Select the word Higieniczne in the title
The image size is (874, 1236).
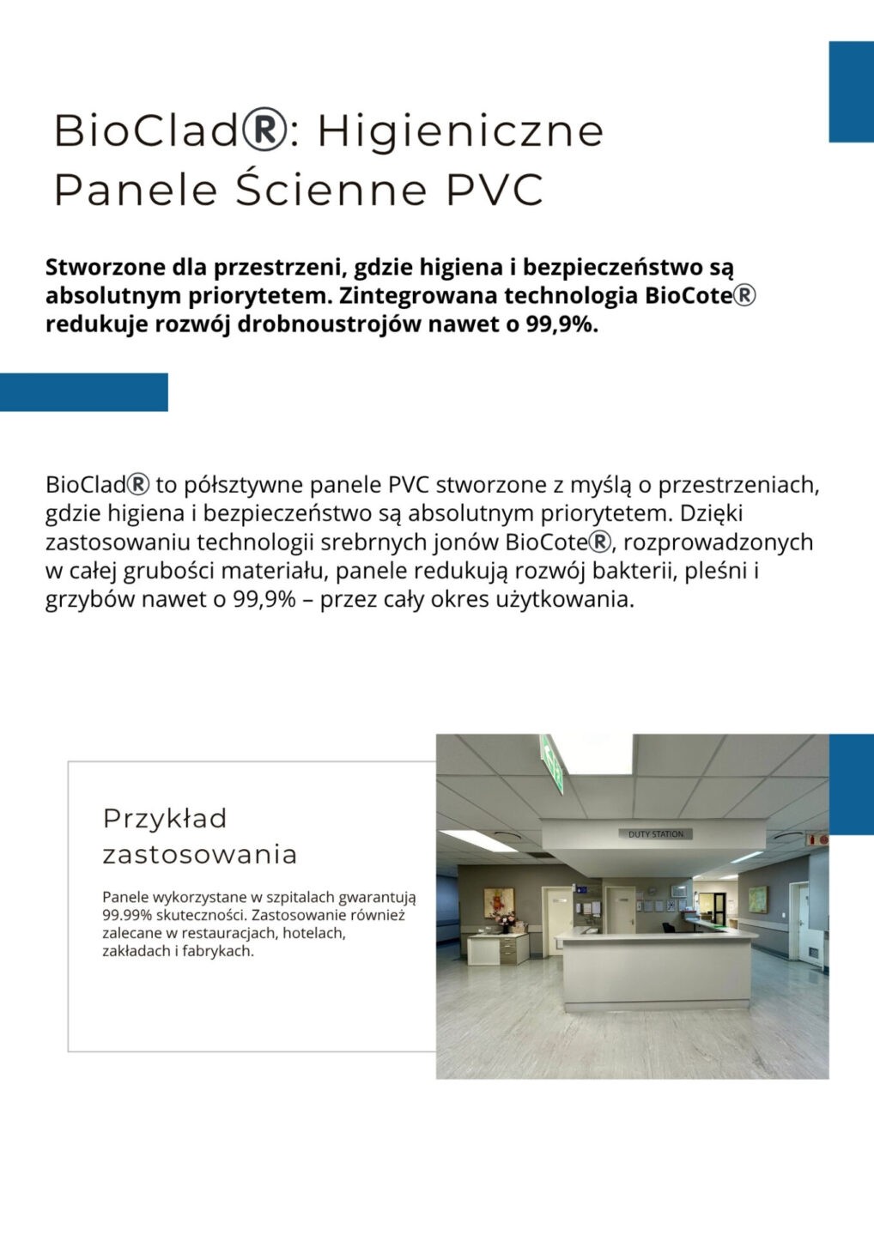pyautogui.click(x=460, y=130)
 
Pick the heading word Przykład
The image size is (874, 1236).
pyautogui.click(x=165, y=818)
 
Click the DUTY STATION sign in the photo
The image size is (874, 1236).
pyautogui.click(x=656, y=834)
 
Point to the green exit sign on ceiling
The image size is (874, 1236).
pyautogui.click(x=552, y=762)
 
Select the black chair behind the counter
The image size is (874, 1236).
pyautogui.click(x=667, y=926)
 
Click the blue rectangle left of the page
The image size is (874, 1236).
pyautogui.click(x=83, y=392)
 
